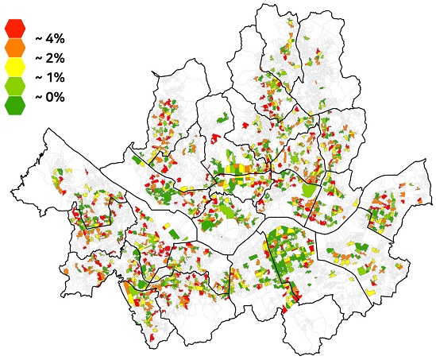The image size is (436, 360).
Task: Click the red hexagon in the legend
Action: click(14, 27)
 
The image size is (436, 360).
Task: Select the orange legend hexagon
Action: click(14, 47)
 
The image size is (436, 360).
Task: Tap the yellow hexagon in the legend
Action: click(14, 67)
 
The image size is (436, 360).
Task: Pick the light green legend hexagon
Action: click(14, 86)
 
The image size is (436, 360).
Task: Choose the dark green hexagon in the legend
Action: click(14, 105)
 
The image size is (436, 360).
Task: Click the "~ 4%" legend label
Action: click(49, 37)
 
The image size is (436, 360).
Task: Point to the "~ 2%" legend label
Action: click(49, 58)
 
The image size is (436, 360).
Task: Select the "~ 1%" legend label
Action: click(49, 78)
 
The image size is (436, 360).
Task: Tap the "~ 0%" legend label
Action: click(49, 97)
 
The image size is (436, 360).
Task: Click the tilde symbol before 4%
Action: click(37, 37)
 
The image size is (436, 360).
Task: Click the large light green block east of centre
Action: click(307, 191)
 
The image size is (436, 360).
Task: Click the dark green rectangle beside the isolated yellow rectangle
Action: click(181, 235)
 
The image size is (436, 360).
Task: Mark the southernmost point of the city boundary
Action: click(295, 355)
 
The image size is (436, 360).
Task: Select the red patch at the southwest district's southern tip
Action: click(149, 339)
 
